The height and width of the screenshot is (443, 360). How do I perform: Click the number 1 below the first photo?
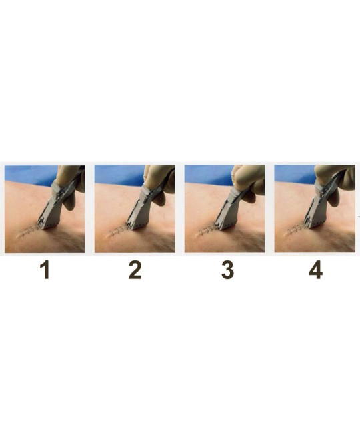point(45,270)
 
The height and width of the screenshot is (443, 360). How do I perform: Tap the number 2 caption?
point(135,270)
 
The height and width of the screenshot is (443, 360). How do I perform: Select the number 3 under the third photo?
point(227,270)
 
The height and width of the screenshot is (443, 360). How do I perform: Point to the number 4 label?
point(315,270)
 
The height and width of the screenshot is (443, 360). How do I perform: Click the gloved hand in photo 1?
point(69,184)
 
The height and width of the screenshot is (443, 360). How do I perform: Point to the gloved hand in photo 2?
point(159,181)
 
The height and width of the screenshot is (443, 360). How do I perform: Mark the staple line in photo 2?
point(118,229)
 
